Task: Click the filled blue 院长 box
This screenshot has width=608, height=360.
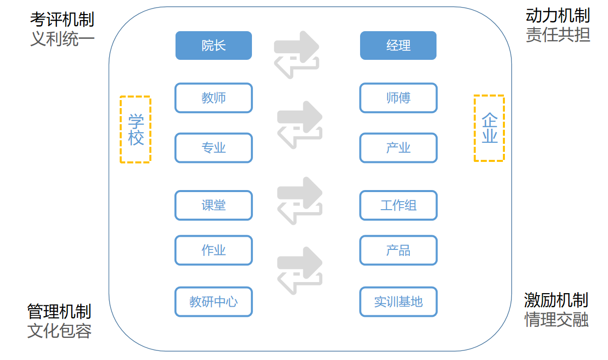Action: (213, 46)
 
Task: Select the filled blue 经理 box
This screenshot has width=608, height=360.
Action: (398, 46)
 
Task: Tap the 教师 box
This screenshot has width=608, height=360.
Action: (213, 98)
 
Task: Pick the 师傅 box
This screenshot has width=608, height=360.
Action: (398, 98)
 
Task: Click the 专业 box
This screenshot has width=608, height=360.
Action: (213, 148)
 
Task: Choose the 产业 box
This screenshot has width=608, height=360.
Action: (398, 148)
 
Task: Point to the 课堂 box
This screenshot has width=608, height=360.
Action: (213, 205)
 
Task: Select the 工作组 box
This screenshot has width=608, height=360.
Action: (398, 205)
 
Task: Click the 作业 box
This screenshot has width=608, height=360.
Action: (213, 250)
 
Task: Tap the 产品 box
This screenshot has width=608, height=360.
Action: (398, 250)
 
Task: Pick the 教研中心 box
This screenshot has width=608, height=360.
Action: (213, 302)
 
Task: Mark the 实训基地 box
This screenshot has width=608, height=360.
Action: (398, 302)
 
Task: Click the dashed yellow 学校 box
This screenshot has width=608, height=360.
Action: (136, 130)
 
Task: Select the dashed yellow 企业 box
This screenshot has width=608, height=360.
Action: (489, 128)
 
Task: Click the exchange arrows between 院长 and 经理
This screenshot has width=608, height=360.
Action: (297, 54)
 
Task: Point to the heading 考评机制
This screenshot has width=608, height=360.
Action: (62, 19)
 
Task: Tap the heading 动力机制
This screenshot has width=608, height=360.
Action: (558, 16)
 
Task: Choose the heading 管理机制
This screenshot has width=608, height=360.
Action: (59, 311)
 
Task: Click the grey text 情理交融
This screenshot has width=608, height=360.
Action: (556, 320)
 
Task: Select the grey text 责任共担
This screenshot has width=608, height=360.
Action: (558, 35)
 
